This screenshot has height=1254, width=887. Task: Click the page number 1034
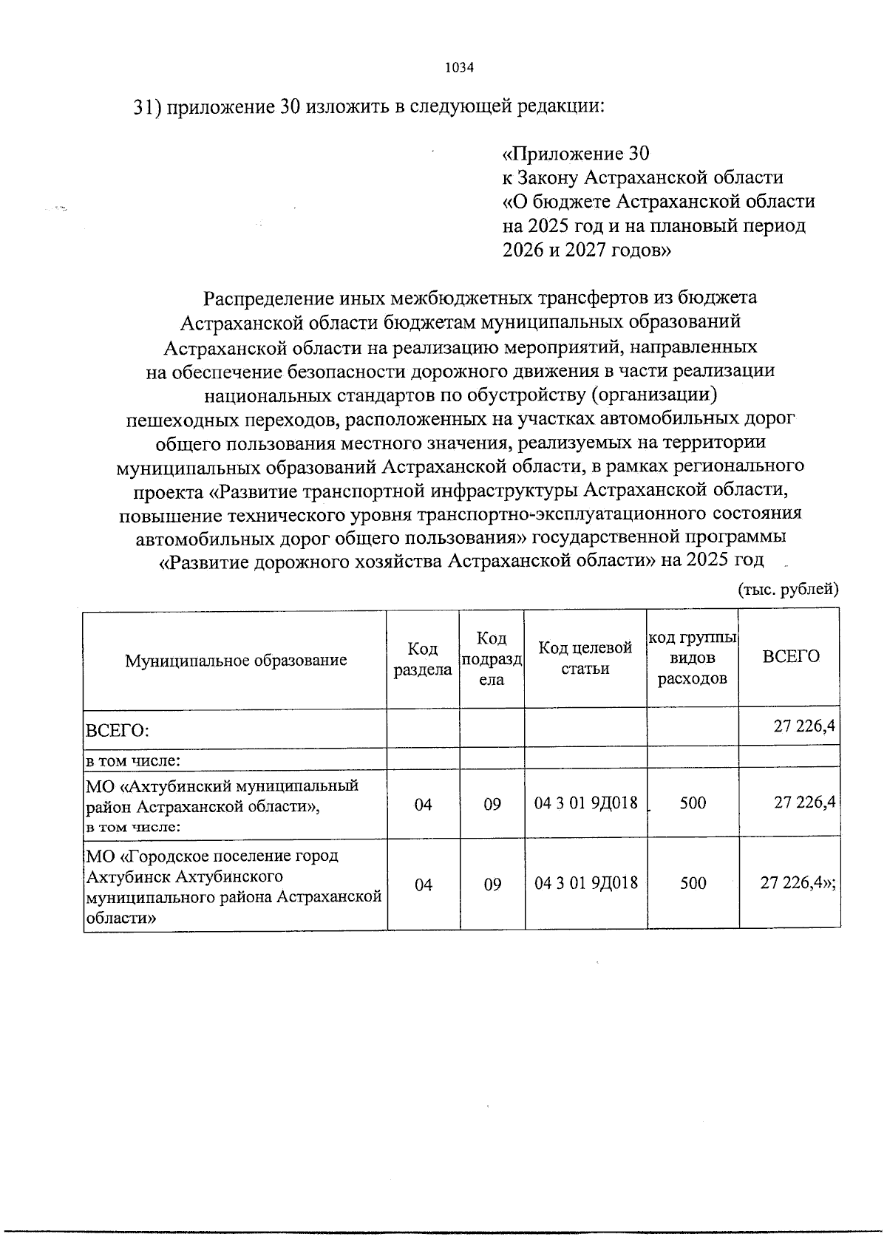(x=459, y=68)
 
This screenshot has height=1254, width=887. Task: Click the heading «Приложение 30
(x=575, y=154)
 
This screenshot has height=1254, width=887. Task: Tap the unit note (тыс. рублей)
(x=788, y=589)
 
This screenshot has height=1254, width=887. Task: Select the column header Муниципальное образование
(x=236, y=660)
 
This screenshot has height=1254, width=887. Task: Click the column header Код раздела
(x=423, y=659)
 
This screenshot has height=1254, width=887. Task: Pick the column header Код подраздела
(x=492, y=658)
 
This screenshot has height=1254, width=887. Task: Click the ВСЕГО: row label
(x=118, y=731)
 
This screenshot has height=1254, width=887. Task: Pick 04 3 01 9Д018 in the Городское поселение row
(x=586, y=883)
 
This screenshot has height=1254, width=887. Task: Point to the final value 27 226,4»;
(x=798, y=882)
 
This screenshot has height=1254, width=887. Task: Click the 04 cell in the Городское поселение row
(x=423, y=884)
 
